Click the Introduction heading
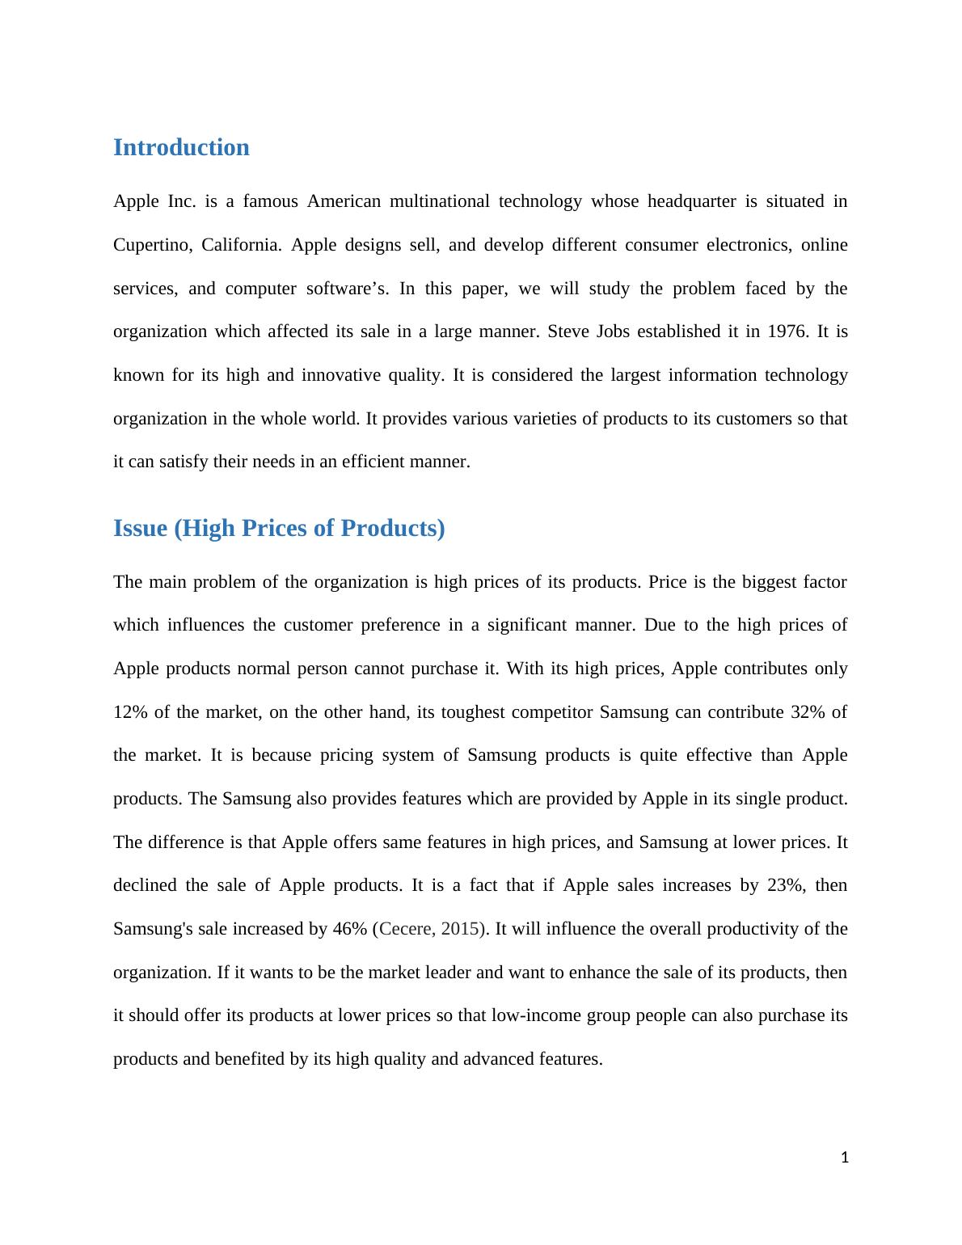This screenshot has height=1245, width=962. coord(181,148)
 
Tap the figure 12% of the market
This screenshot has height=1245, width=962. coord(129,712)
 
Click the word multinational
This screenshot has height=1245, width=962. coord(439,201)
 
